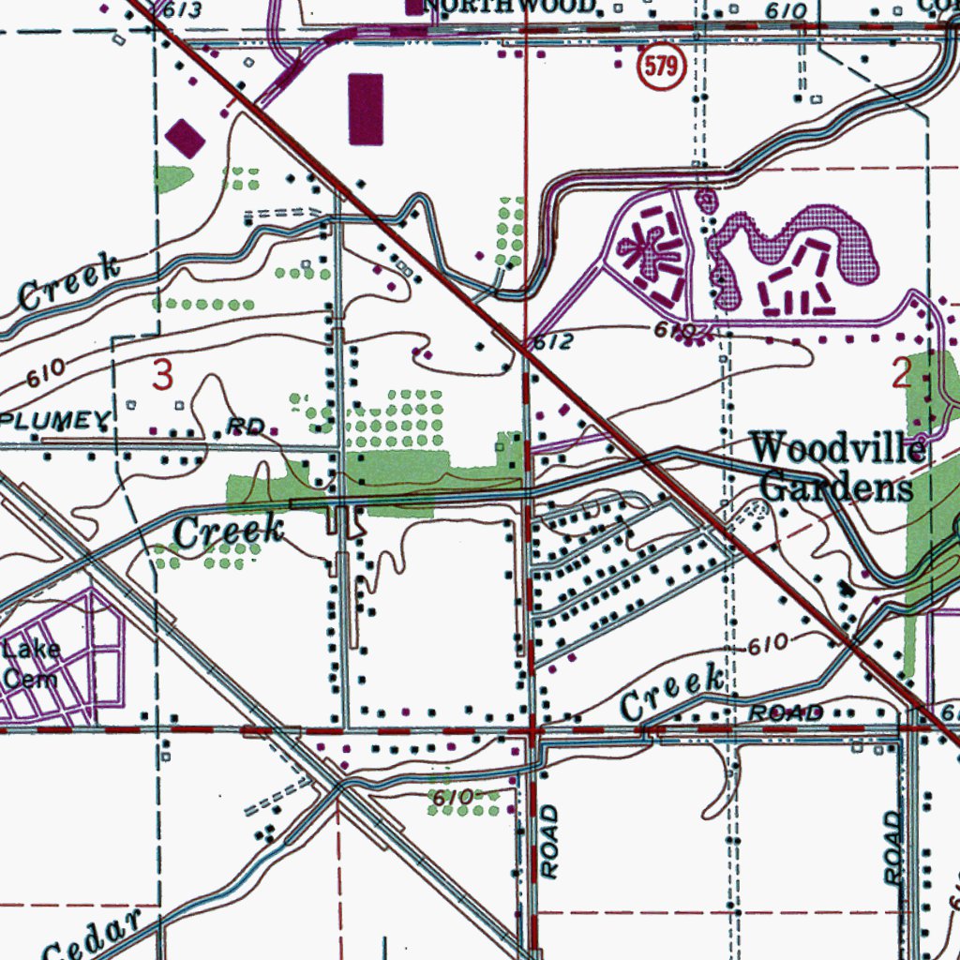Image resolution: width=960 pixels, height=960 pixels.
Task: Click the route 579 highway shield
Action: (x=662, y=68)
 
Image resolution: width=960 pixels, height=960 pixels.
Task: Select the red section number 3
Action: (x=163, y=376)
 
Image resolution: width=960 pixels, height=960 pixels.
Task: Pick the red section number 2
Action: (x=901, y=375)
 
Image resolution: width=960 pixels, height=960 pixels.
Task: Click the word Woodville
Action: (x=838, y=448)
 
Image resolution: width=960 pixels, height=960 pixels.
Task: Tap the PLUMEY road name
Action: (x=55, y=421)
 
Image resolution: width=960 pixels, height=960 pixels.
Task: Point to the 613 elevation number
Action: (x=181, y=9)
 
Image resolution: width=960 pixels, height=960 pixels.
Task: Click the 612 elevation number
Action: (x=553, y=343)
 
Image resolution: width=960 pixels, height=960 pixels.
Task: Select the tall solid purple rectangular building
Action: (x=366, y=110)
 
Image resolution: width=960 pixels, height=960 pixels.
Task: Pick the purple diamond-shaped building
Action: (x=186, y=139)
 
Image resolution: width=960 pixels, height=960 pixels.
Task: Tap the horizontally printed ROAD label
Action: (x=786, y=713)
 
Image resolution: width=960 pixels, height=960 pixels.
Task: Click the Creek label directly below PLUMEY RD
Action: (x=229, y=532)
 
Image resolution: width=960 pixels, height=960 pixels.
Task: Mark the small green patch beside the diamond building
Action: (x=172, y=177)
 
